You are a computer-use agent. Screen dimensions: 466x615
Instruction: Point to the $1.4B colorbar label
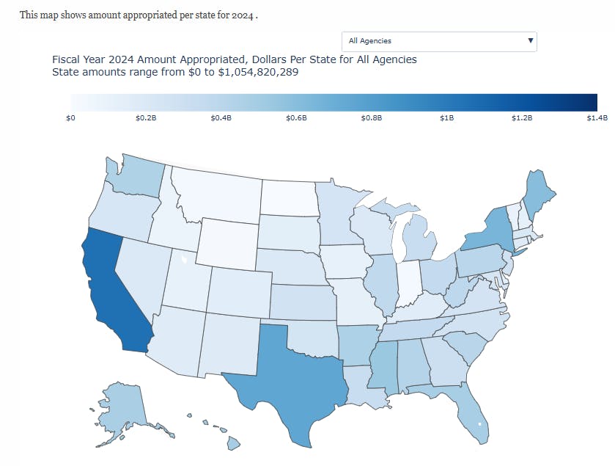[597, 117]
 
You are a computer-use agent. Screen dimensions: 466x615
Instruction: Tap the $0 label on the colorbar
[71, 117]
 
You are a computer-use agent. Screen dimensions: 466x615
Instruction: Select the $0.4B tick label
[222, 117]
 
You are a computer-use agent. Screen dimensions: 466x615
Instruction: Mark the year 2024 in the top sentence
[245, 15]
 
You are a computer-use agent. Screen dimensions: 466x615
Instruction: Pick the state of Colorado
[239, 288]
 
